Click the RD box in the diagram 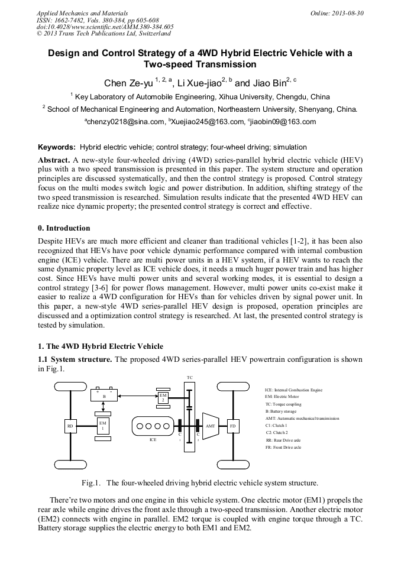click(x=70, y=425)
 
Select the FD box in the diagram click(x=232, y=425)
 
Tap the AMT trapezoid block click(x=210, y=425)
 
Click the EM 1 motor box click(x=102, y=425)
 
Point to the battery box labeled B click(x=104, y=396)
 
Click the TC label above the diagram click(x=189, y=377)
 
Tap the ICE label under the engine click(x=153, y=440)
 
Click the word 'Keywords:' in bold click(x=57, y=147)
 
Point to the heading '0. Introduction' click(x=64, y=228)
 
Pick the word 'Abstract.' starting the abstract click(x=54, y=160)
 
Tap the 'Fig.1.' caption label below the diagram click(x=90, y=482)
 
